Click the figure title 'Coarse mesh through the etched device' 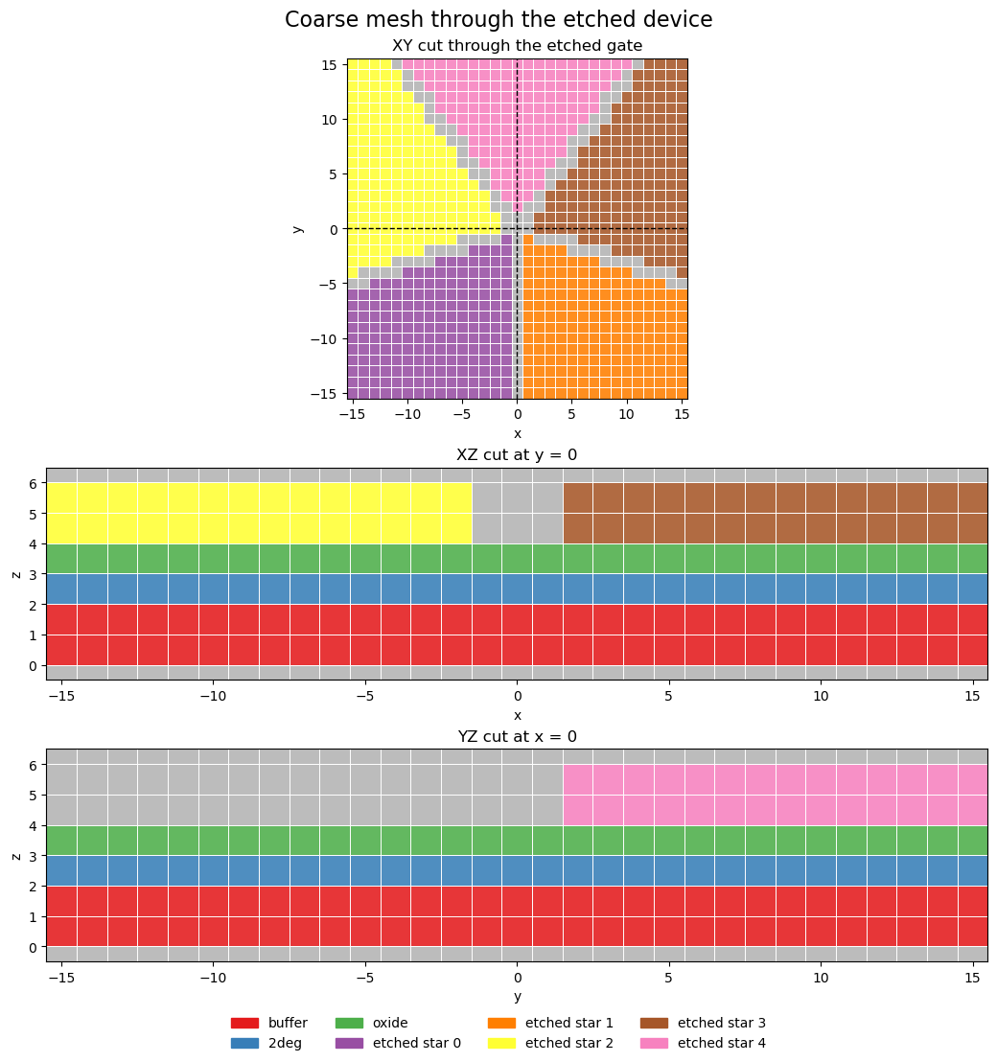498,20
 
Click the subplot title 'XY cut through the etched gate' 517,46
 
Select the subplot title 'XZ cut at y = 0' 517,455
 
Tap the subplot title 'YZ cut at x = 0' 517,736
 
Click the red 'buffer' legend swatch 244,1024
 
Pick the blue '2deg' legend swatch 244,1043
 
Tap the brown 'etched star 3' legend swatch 654,1024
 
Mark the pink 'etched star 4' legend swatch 654,1043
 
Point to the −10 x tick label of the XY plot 408,415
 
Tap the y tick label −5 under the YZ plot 365,979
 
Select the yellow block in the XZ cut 259,513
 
